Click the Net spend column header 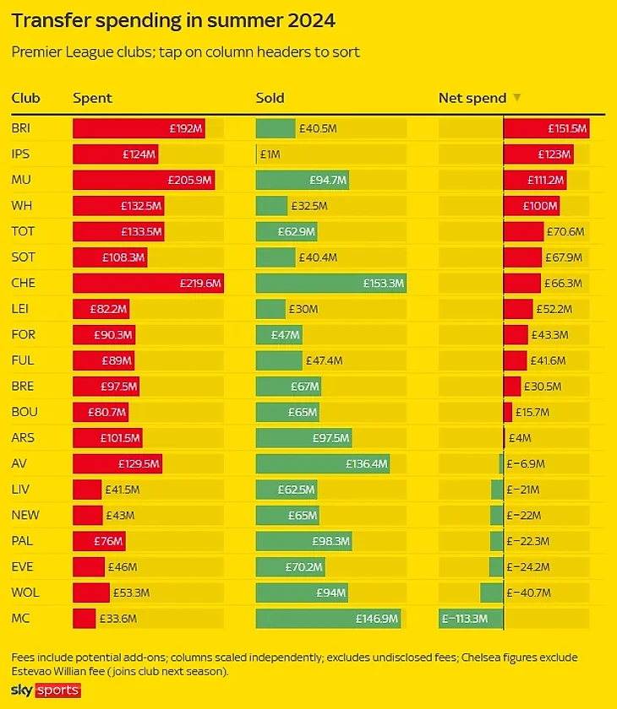coord(472,98)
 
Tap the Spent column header coord(92,98)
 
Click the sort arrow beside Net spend coord(517,98)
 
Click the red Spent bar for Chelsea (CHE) coord(148,284)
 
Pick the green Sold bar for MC coord(329,619)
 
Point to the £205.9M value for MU coord(191,181)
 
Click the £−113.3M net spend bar coord(471,619)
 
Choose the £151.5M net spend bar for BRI coord(546,129)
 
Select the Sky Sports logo coord(46,690)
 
